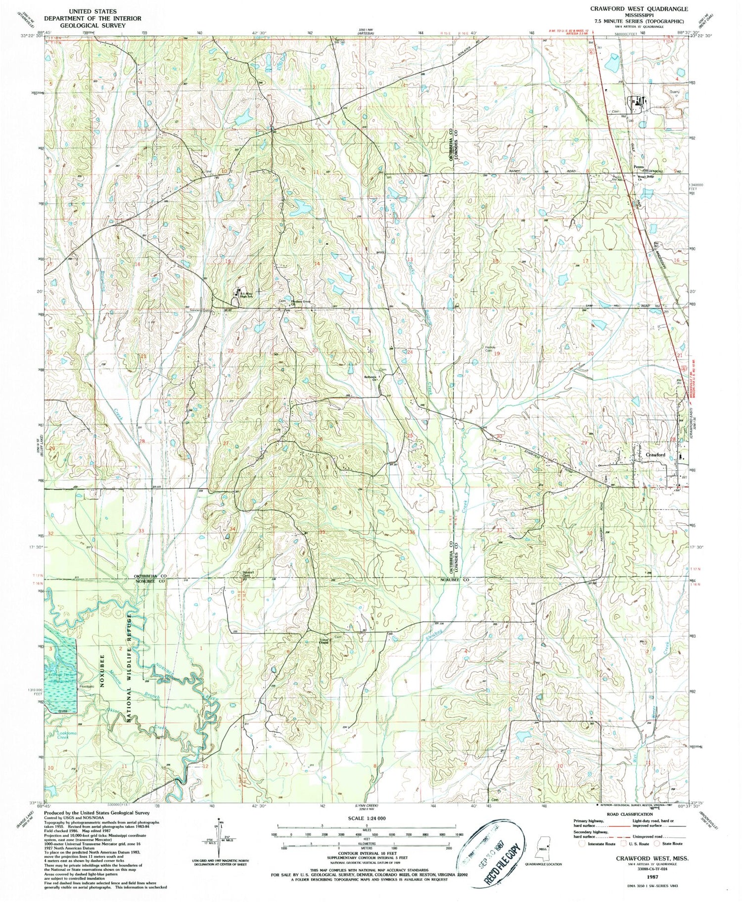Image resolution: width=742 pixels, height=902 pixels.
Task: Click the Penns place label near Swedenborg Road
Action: pyautogui.click(x=640, y=167)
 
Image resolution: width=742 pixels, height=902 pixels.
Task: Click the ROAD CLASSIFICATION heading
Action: pyautogui.click(x=628, y=813)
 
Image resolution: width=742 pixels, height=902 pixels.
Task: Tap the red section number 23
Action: pyautogui.click(x=315, y=350)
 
